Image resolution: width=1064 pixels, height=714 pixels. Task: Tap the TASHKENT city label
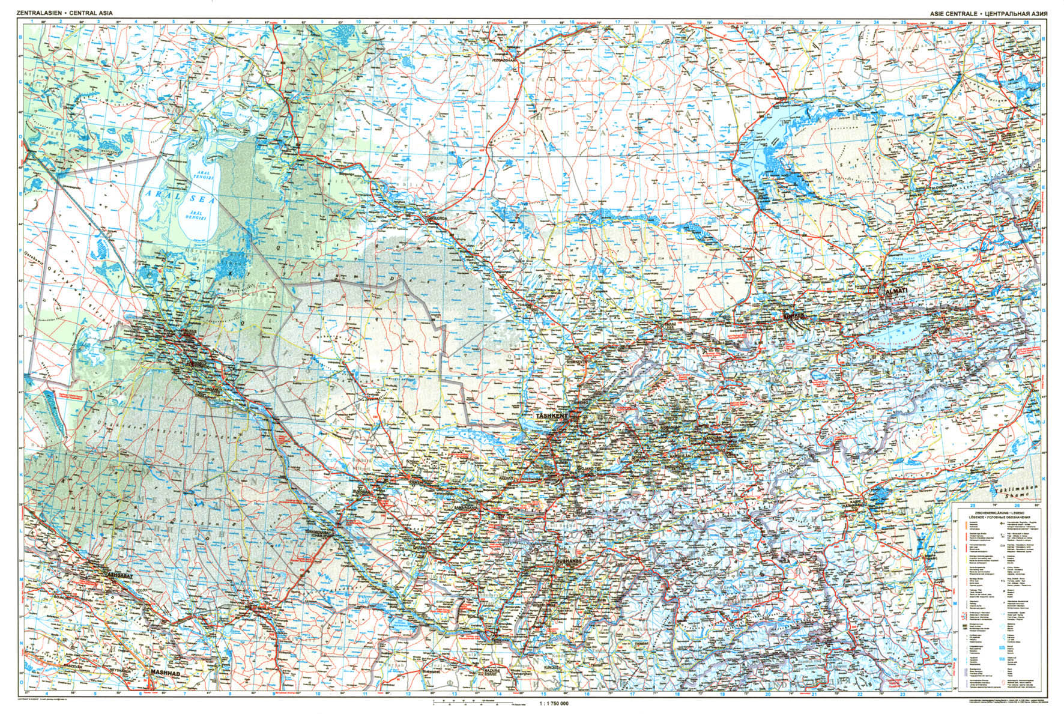click(552, 415)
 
